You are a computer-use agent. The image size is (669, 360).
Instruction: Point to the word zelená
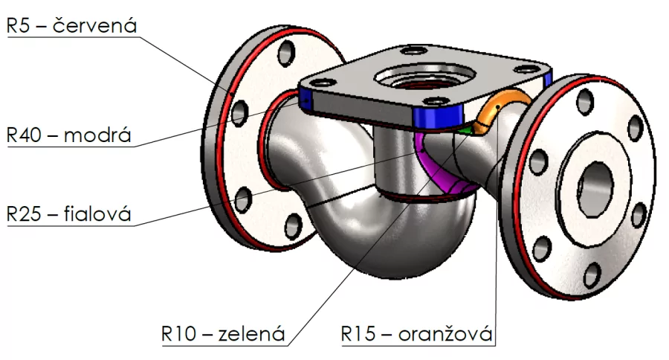(x=251, y=334)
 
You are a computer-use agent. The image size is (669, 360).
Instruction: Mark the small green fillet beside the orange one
(x=466, y=127)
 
